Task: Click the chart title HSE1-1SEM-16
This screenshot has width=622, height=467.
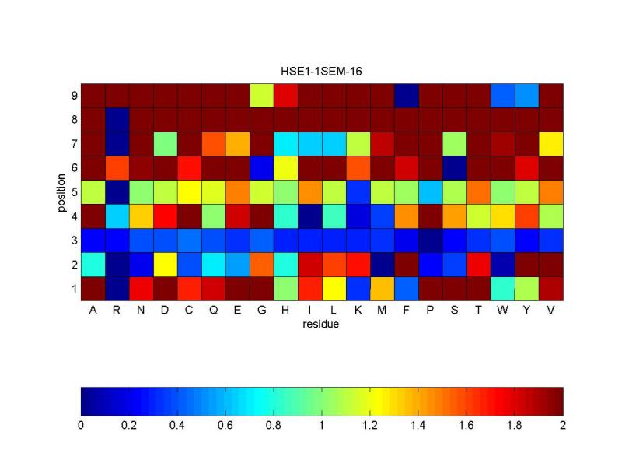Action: tap(322, 71)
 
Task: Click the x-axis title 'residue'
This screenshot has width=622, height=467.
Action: tap(322, 324)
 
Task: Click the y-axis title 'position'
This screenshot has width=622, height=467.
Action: tap(60, 191)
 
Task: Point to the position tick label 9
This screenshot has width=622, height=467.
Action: tap(73, 95)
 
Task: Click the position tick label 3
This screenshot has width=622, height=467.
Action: tap(73, 240)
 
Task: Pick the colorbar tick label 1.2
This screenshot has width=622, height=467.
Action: tap(370, 426)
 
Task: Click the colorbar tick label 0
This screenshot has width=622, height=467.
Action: tap(81, 426)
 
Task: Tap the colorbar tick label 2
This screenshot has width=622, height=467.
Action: tap(563, 426)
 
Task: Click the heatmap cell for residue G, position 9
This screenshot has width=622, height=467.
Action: tap(262, 95)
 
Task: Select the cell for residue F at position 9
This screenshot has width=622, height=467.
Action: tap(407, 95)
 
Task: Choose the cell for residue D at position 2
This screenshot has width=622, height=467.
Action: tap(166, 264)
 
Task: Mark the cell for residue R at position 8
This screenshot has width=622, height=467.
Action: tap(117, 119)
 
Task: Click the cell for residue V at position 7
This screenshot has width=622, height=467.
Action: tap(550, 143)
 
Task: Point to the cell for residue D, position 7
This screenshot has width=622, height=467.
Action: tap(166, 143)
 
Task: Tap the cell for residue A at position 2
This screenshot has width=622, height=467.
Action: tap(93, 264)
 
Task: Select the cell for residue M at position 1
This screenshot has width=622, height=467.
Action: tap(383, 288)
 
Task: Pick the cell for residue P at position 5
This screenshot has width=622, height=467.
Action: tap(430, 191)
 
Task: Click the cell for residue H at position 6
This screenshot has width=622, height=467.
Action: tap(286, 167)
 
